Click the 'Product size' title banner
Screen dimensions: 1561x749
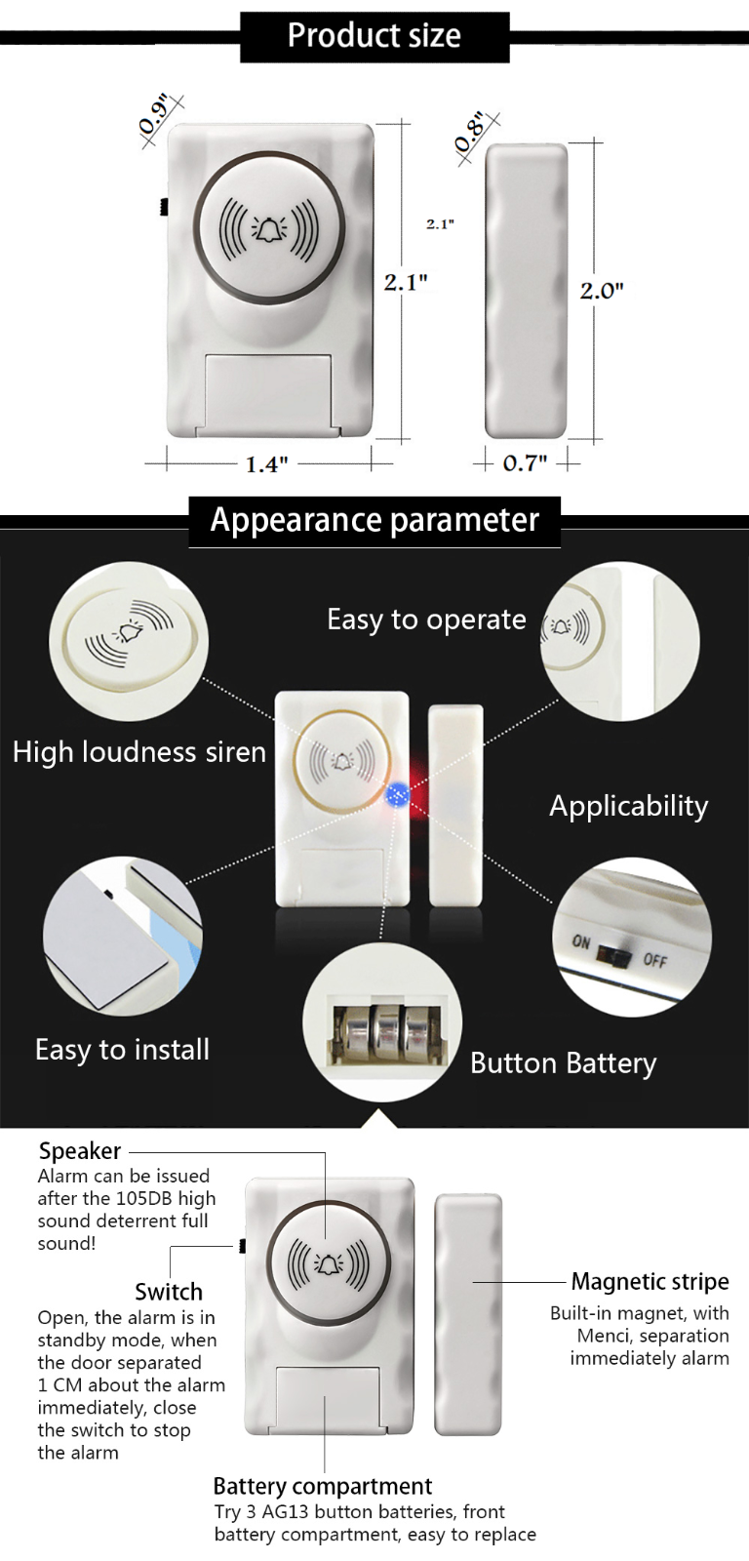pos(374,36)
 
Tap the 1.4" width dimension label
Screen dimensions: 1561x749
pos(266,463)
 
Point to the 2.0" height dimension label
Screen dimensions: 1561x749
pos(602,290)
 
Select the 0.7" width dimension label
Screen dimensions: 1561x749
pos(525,462)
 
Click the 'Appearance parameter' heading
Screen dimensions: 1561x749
pos(374,520)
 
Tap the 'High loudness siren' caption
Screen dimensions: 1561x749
pos(139,752)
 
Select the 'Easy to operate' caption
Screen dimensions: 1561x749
pos(426,620)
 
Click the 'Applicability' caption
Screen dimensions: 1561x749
pos(629,806)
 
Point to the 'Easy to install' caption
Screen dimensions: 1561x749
pos(123,1050)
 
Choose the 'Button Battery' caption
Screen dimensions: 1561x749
pos(564,1063)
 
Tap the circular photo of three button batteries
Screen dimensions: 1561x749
pos(382,1033)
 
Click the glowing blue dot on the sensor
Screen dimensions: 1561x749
pos(397,794)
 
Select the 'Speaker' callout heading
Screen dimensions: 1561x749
pos(80,1151)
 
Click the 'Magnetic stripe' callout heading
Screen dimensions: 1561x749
pos(650,1282)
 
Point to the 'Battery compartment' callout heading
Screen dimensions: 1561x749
pos(322,1486)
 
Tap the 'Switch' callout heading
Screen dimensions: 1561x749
pos(169,1292)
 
